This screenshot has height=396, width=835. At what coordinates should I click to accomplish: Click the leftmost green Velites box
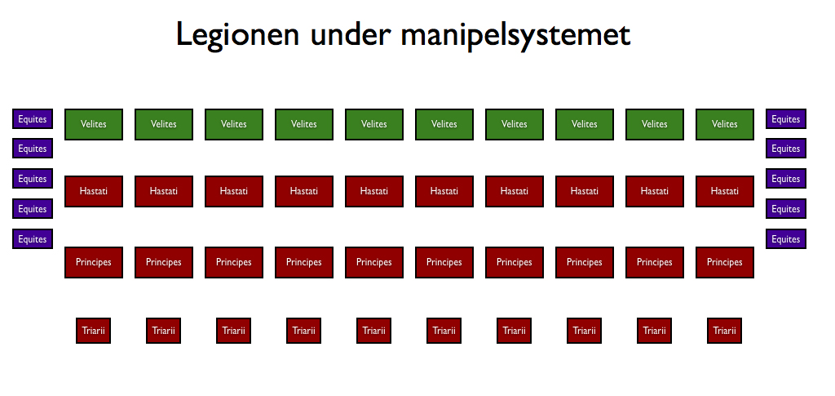[x=94, y=125]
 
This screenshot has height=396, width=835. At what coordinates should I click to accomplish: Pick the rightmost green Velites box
[x=725, y=125]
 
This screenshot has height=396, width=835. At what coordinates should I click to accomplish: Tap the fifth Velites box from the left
[x=374, y=125]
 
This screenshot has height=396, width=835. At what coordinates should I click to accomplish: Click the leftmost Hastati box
[x=94, y=191]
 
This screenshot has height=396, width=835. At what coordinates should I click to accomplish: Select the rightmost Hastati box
[x=725, y=191]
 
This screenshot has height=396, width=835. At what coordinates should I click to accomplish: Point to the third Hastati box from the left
[x=234, y=191]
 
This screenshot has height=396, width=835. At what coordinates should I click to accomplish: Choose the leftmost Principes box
[x=94, y=262]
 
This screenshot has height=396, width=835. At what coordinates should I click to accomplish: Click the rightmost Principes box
[x=725, y=262]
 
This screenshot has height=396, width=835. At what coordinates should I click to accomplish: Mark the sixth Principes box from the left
[x=444, y=262]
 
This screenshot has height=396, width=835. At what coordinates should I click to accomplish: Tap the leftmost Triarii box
[x=93, y=331]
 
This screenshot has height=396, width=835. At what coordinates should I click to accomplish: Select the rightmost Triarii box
[x=724, y=331]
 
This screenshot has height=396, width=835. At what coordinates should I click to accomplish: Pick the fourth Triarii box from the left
[x=303, y=331]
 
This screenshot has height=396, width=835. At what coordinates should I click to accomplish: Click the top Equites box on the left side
[x=33, y=119]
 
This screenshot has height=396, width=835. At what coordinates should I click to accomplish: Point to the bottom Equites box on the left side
[x=33, y=238]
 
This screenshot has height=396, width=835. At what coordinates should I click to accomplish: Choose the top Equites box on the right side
[x=786, y=119]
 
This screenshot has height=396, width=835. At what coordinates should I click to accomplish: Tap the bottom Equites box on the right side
[x=786, y=238]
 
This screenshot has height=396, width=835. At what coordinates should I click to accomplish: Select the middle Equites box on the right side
[x=786, y=179]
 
